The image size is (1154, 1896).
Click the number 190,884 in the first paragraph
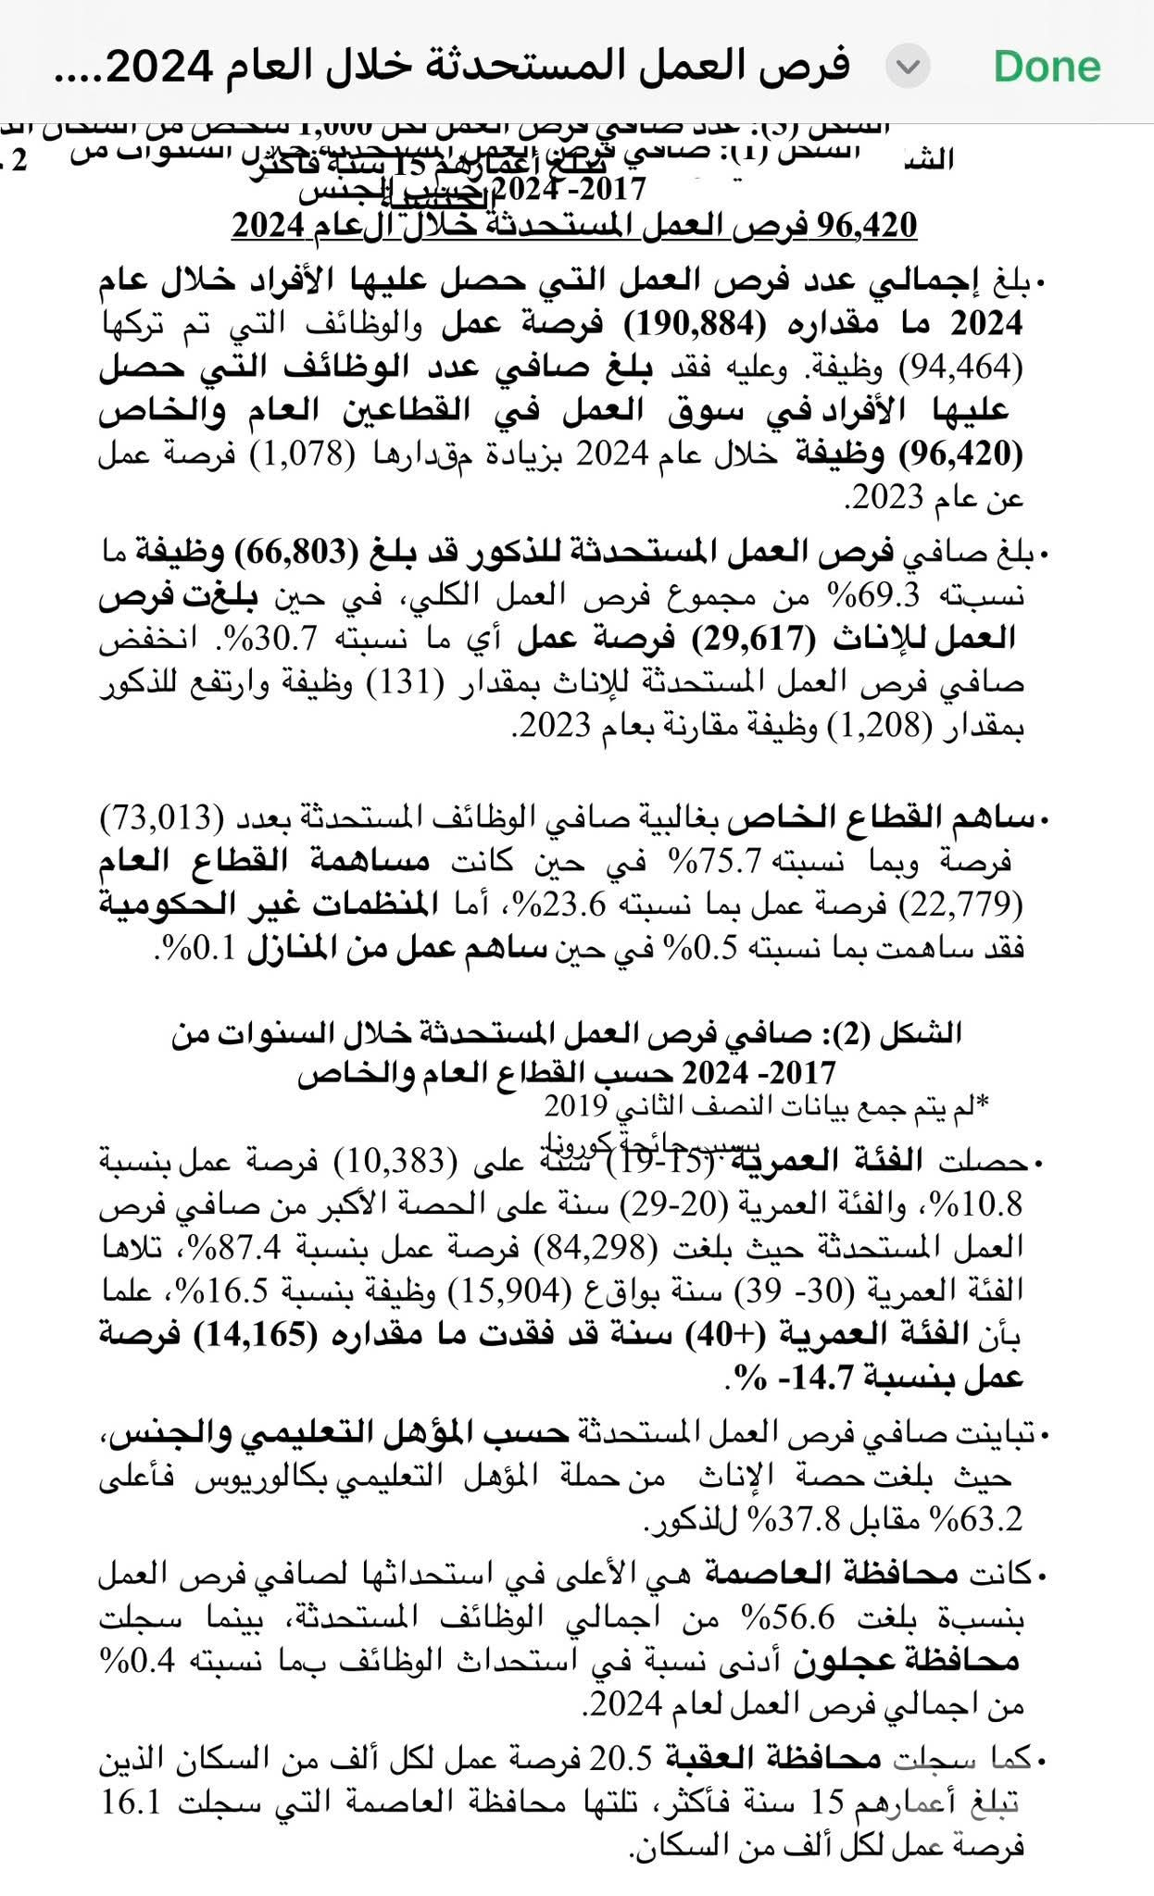690,324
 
